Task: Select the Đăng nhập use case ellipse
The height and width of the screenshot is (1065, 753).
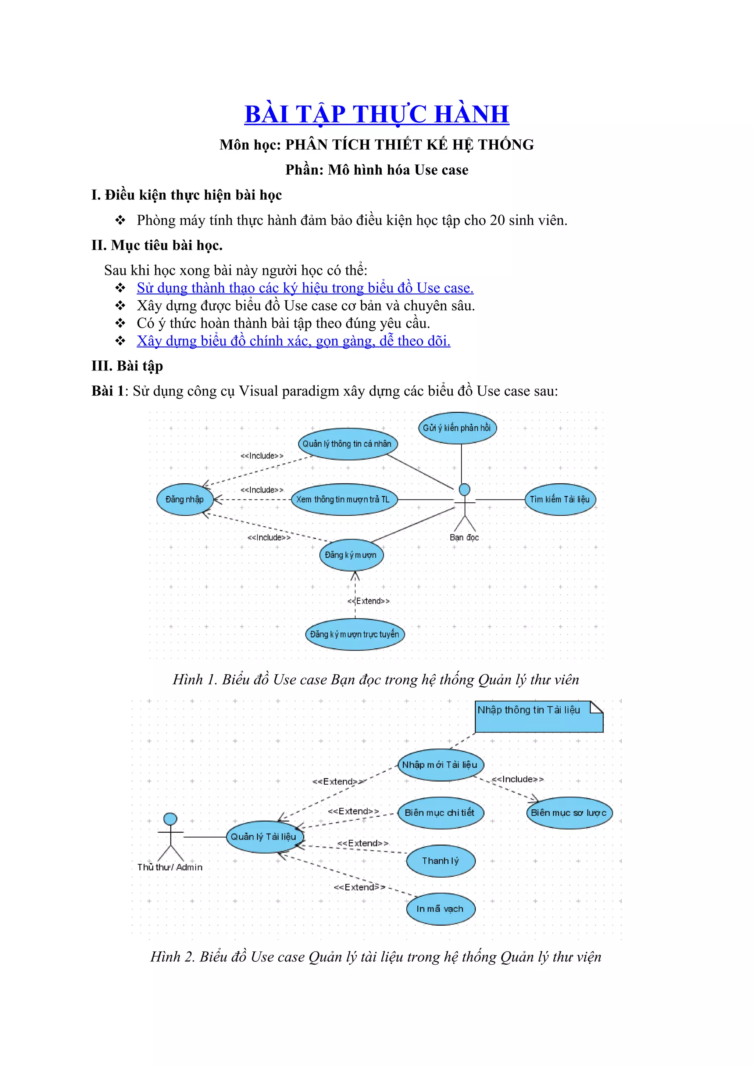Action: coord(185,499)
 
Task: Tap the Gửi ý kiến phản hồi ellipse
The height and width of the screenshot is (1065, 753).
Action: coord(457,428)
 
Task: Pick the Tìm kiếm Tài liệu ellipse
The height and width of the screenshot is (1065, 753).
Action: coord(560,499)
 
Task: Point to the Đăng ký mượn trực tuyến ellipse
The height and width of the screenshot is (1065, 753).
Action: coord(355,634)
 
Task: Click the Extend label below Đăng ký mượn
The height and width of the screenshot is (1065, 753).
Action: coord(369,601)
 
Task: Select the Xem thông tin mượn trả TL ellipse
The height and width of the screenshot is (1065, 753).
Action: coord(344,499)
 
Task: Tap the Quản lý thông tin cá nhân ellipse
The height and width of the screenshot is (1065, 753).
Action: coord(347,444)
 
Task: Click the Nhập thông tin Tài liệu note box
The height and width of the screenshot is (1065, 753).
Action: coord(539,717)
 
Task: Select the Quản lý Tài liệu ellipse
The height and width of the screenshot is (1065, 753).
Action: coord(264,837)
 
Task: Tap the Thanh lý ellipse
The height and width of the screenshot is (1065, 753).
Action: coord(441,861)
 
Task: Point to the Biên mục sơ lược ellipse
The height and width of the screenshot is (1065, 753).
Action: coord(569,813)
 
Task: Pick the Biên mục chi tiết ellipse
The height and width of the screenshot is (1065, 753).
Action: coord(440,813)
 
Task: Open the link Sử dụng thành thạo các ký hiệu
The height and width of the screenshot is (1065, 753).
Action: coord(305,288)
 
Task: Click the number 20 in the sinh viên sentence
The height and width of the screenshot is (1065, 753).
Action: coord(497,220)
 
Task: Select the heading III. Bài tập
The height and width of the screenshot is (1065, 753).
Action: coord(127,366)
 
